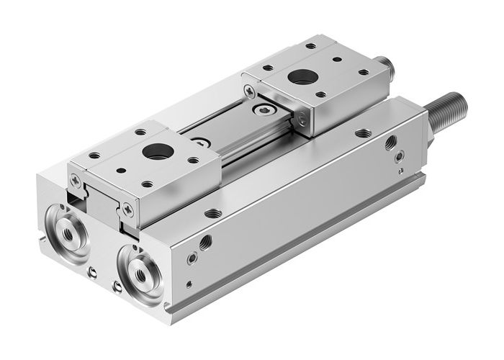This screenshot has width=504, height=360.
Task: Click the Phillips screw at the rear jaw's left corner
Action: pos(248,91)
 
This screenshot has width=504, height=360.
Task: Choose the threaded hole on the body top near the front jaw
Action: pos(212,212)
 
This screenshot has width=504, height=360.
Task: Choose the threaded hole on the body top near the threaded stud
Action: pos(364,132)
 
